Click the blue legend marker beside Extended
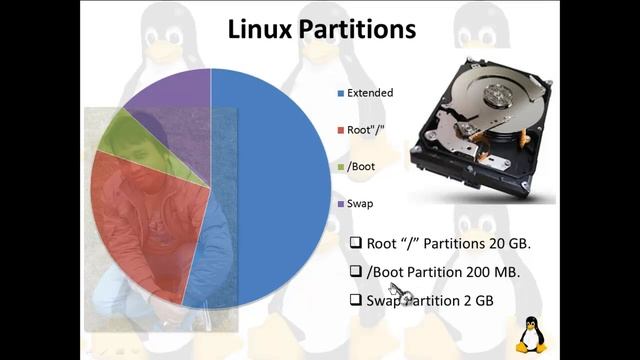click(340, 93)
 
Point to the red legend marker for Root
click(340, 130)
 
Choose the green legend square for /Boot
click(340, 167)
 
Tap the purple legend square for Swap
click(340, 204)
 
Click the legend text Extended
click(370, 93)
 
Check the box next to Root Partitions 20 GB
click(355, 243)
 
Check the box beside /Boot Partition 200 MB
click(355, 271)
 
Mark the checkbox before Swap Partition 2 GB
click(355, 299)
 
